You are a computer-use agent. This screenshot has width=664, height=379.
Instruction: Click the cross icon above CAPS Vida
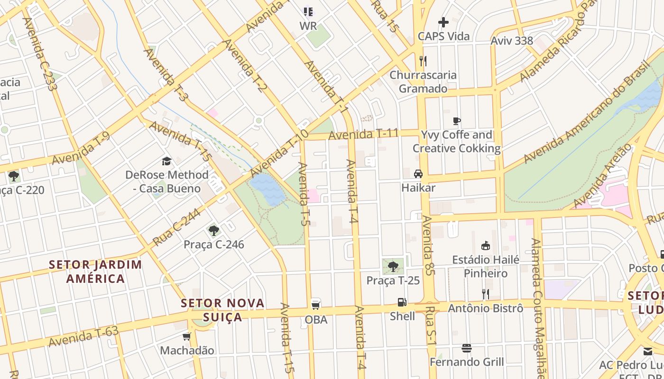[443, 22]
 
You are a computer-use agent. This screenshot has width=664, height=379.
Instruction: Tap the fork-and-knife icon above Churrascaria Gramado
[423, 61]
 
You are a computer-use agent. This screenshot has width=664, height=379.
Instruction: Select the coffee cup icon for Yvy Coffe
[457, 121]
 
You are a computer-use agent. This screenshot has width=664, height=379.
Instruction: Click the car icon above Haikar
[418, 174]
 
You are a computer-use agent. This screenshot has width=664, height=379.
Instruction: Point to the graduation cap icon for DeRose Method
[166, 162]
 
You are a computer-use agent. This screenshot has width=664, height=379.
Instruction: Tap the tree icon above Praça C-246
[214, 231]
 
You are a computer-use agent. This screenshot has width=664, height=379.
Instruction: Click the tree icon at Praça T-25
[393, 266]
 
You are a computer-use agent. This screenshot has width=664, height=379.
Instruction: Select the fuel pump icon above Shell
[402, 302]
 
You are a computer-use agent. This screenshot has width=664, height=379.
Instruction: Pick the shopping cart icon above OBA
[316, 305]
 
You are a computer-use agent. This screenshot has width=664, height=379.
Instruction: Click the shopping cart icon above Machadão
[187, 336]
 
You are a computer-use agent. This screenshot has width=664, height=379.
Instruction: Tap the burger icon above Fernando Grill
[467, 348]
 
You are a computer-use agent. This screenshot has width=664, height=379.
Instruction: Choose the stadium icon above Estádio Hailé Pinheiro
[485, 246]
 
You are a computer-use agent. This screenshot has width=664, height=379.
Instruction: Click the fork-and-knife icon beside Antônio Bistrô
[485, 294]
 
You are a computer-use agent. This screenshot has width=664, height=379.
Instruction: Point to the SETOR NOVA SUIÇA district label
[223, 310]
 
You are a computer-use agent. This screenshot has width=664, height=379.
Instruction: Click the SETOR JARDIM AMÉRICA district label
[95, 271]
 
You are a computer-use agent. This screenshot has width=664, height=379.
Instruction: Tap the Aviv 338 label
[512, 41]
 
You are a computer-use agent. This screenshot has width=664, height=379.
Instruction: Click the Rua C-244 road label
[176, 228]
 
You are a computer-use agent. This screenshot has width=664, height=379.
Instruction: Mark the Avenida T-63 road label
[83, 336]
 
